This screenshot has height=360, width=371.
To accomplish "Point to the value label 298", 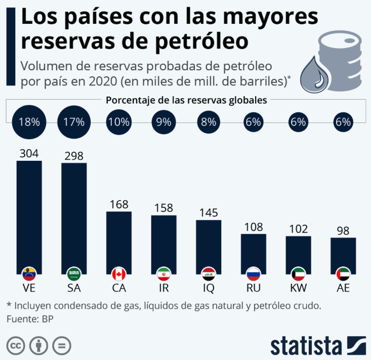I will [x=74, y=156].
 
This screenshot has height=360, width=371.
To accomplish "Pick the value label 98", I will [x=343, y=231].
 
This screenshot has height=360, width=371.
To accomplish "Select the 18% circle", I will [x=29, y=122].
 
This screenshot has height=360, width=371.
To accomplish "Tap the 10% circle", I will [x=119, y=122].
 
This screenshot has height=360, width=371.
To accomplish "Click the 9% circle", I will [x=163, y=122].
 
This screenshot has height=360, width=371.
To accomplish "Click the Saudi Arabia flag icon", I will [x=74, y=275].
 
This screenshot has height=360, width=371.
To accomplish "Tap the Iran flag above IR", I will [x=163, y=275].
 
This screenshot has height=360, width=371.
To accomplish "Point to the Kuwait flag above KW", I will [x=298, y=275].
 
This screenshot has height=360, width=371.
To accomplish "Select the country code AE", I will [x=343, y=289].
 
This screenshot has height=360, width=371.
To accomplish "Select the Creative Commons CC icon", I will [x=16, y=346].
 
